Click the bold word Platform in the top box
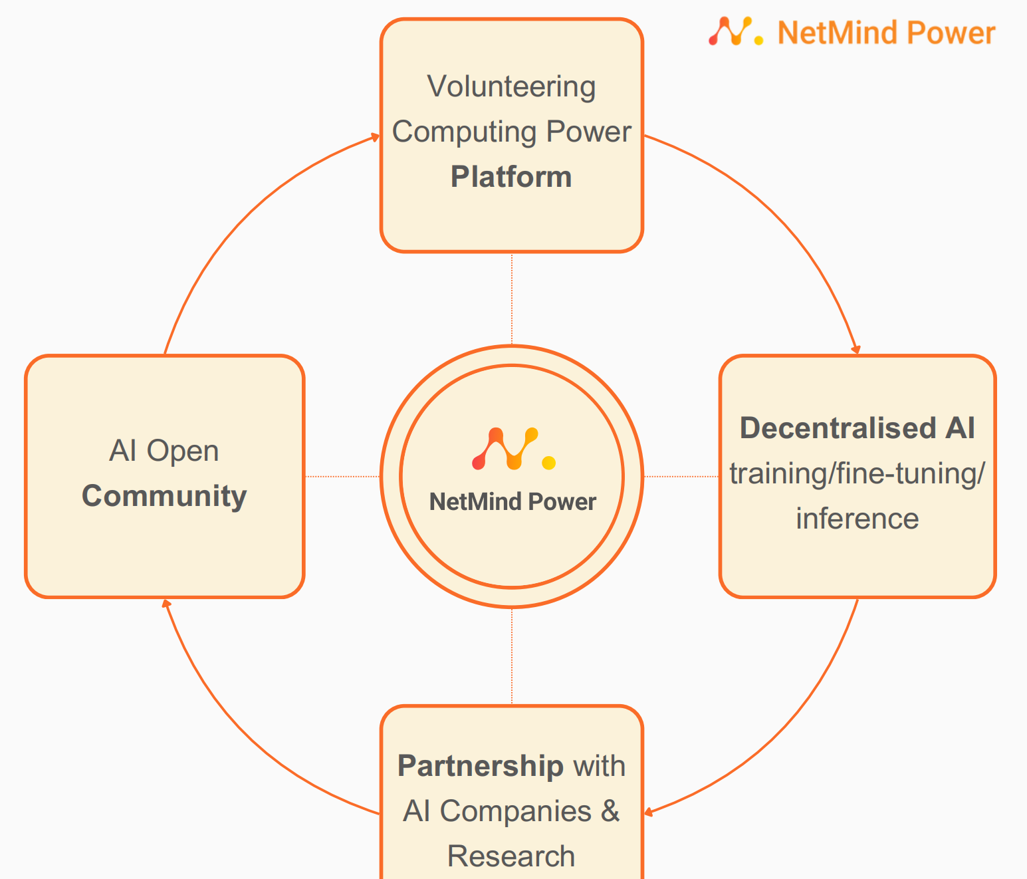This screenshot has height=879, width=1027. click(511, 178)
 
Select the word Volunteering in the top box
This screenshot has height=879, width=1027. click(511, 87)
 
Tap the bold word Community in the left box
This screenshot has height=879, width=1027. click(164, 497)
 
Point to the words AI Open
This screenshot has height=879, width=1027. click(164, 451)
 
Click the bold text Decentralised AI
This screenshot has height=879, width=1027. click(857, 428)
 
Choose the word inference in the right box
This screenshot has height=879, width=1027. click(857, 519)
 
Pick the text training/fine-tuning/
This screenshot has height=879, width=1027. click(857, 474)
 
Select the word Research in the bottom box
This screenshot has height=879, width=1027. click(511, 856)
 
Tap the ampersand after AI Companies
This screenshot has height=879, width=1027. click(610, 811)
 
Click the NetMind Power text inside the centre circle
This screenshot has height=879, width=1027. click(513, 502)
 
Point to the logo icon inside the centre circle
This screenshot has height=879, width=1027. click(513, 449)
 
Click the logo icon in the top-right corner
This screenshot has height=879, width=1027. click(735, 31)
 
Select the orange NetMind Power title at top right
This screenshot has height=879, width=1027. click(886, 33)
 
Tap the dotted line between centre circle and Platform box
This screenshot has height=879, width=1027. click(512, 299)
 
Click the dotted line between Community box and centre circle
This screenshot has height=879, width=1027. click(342, 476)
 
